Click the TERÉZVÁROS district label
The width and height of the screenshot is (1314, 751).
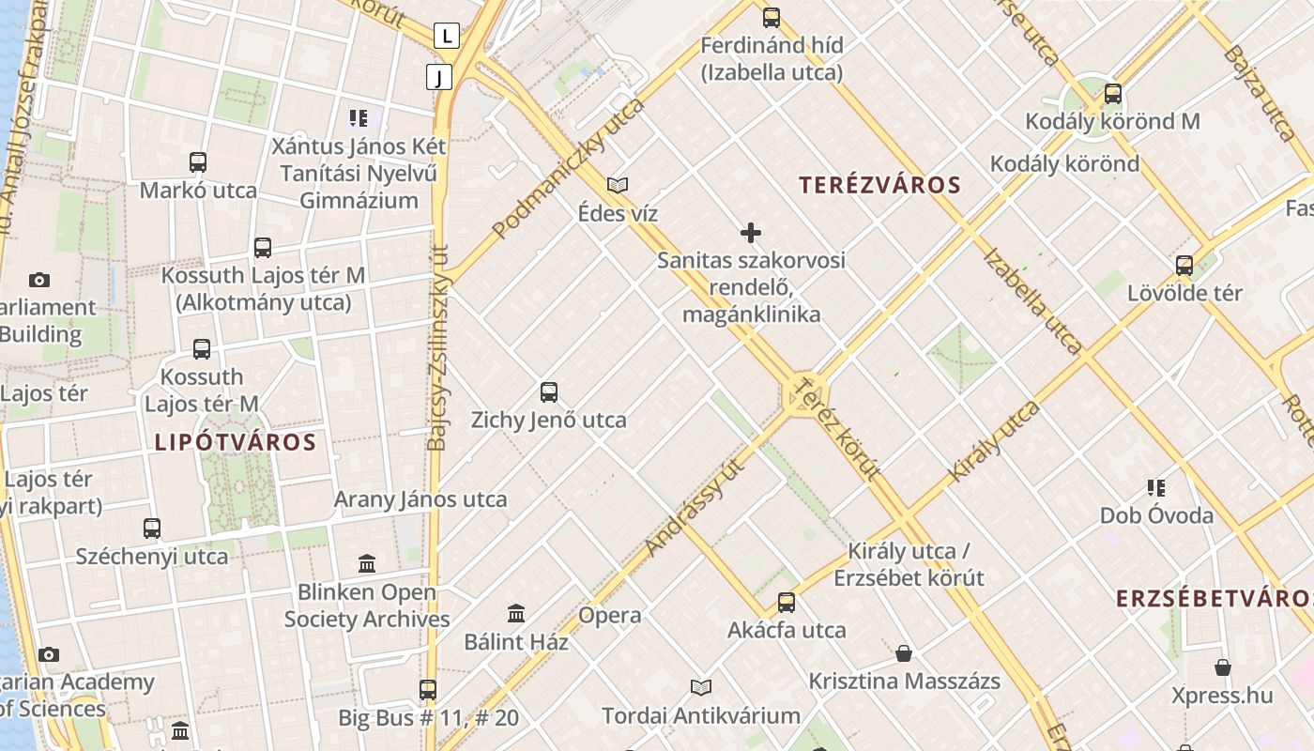coord(879,185)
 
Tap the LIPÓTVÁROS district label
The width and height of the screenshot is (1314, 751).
coord(235,442)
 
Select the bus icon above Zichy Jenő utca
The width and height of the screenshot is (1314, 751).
coord(549,392)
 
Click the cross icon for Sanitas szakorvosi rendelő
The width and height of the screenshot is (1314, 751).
coord(751,233)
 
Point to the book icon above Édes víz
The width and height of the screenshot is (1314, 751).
coord(618,186)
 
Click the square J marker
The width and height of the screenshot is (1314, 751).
coord(438,77)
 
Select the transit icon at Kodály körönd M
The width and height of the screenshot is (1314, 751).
coord(1113,94)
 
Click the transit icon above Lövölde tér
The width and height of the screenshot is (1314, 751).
coord(1184,266)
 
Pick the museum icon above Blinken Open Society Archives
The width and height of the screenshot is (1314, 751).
coord(367,564)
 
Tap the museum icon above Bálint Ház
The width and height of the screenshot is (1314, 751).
coord(516,614)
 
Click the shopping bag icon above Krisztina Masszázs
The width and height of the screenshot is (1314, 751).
coord(904,653)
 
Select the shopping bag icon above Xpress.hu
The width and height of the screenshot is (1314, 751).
coord(1222,667)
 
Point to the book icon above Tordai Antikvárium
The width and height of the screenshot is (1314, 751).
coord(701,688)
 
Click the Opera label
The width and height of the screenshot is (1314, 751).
coord(610,616)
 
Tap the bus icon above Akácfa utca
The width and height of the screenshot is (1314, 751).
coord(787,603)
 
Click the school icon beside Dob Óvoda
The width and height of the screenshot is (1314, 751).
coord(1156,488)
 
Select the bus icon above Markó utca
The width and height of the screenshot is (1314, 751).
coord(198,162)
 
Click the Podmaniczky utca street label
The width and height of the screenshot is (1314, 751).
coord(569,168)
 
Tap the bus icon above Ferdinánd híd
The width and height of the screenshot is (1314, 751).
coord(772,17)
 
